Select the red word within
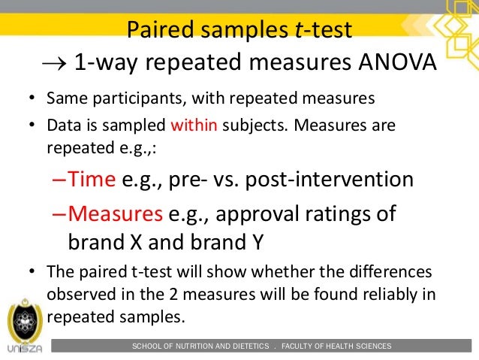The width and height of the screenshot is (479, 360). pyautogui.click(x=193, y=124)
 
